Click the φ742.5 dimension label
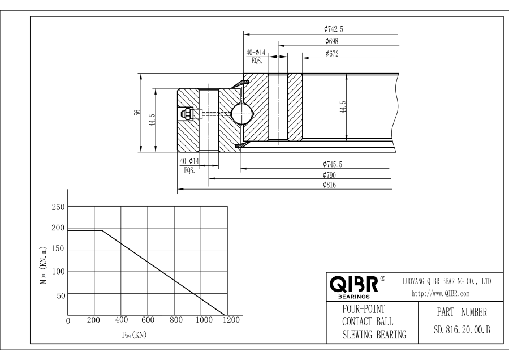coord(334,29)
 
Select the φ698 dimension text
coord(332,41)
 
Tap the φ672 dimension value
coord(332,54)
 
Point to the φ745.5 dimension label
coord(334,164)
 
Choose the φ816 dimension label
coord(331,185)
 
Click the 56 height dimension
coord(136,113)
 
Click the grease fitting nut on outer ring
coord(185,114)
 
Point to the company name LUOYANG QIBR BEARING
coord(446,281)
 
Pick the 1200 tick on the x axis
coord(231,320)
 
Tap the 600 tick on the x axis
coord(148,320)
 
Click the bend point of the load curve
coord(102,230)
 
